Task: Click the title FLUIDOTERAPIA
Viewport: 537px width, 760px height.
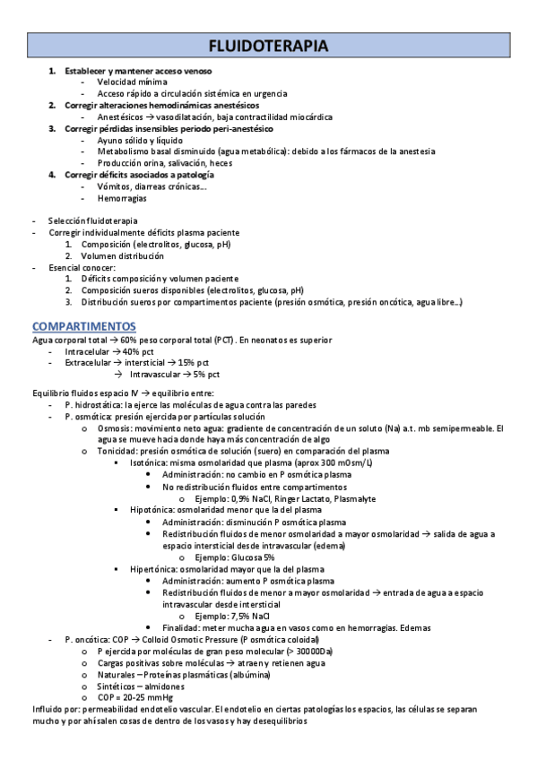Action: coord(268,46)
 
